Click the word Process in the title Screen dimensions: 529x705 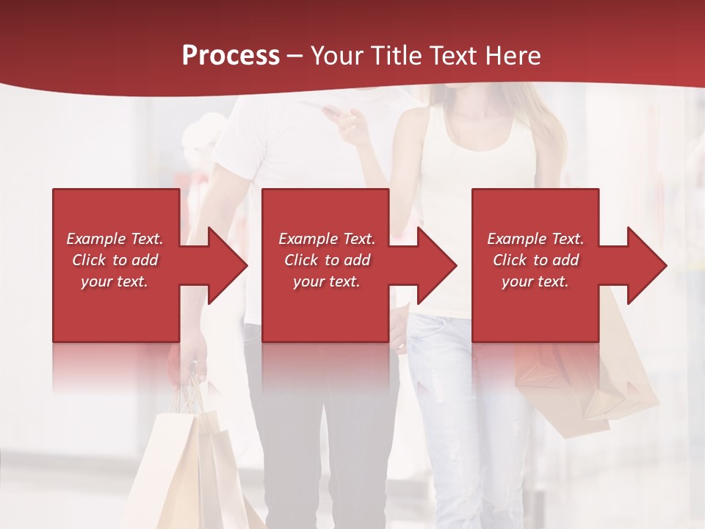click(x=231, y=56)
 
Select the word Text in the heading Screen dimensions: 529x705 click(x=454, y=56)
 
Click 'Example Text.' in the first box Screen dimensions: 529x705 click(x=115, y=239)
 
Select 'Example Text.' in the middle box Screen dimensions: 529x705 click(x=326, y=239)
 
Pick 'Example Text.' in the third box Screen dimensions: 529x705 click(x=535, y=239)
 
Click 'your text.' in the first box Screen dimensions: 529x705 click(x=115, y=281)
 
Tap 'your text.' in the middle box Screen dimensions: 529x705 click(x=326, y=281)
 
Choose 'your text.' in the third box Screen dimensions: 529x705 click(x=535, y=281)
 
